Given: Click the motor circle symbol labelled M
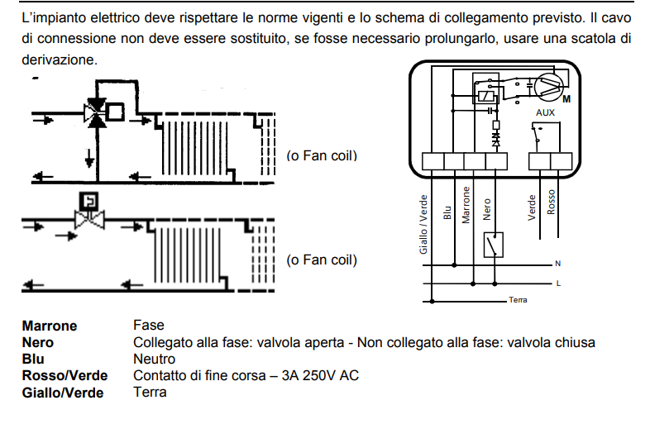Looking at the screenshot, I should tap(547, 85).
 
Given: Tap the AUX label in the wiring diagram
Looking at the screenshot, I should tap(545, 112).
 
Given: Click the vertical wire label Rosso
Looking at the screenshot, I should tap(552, 204).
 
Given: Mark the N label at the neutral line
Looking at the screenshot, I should tap(557, 264).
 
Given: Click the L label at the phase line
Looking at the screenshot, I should tap(558, 283).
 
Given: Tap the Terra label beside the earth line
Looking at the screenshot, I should tap(519, 299).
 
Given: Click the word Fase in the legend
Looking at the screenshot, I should tap(149, 326).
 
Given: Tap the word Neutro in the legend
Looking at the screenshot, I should tap(154, 360).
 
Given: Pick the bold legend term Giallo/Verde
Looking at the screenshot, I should tap(63, 393).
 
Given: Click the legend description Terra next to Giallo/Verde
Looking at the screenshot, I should tap(150, 393).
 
